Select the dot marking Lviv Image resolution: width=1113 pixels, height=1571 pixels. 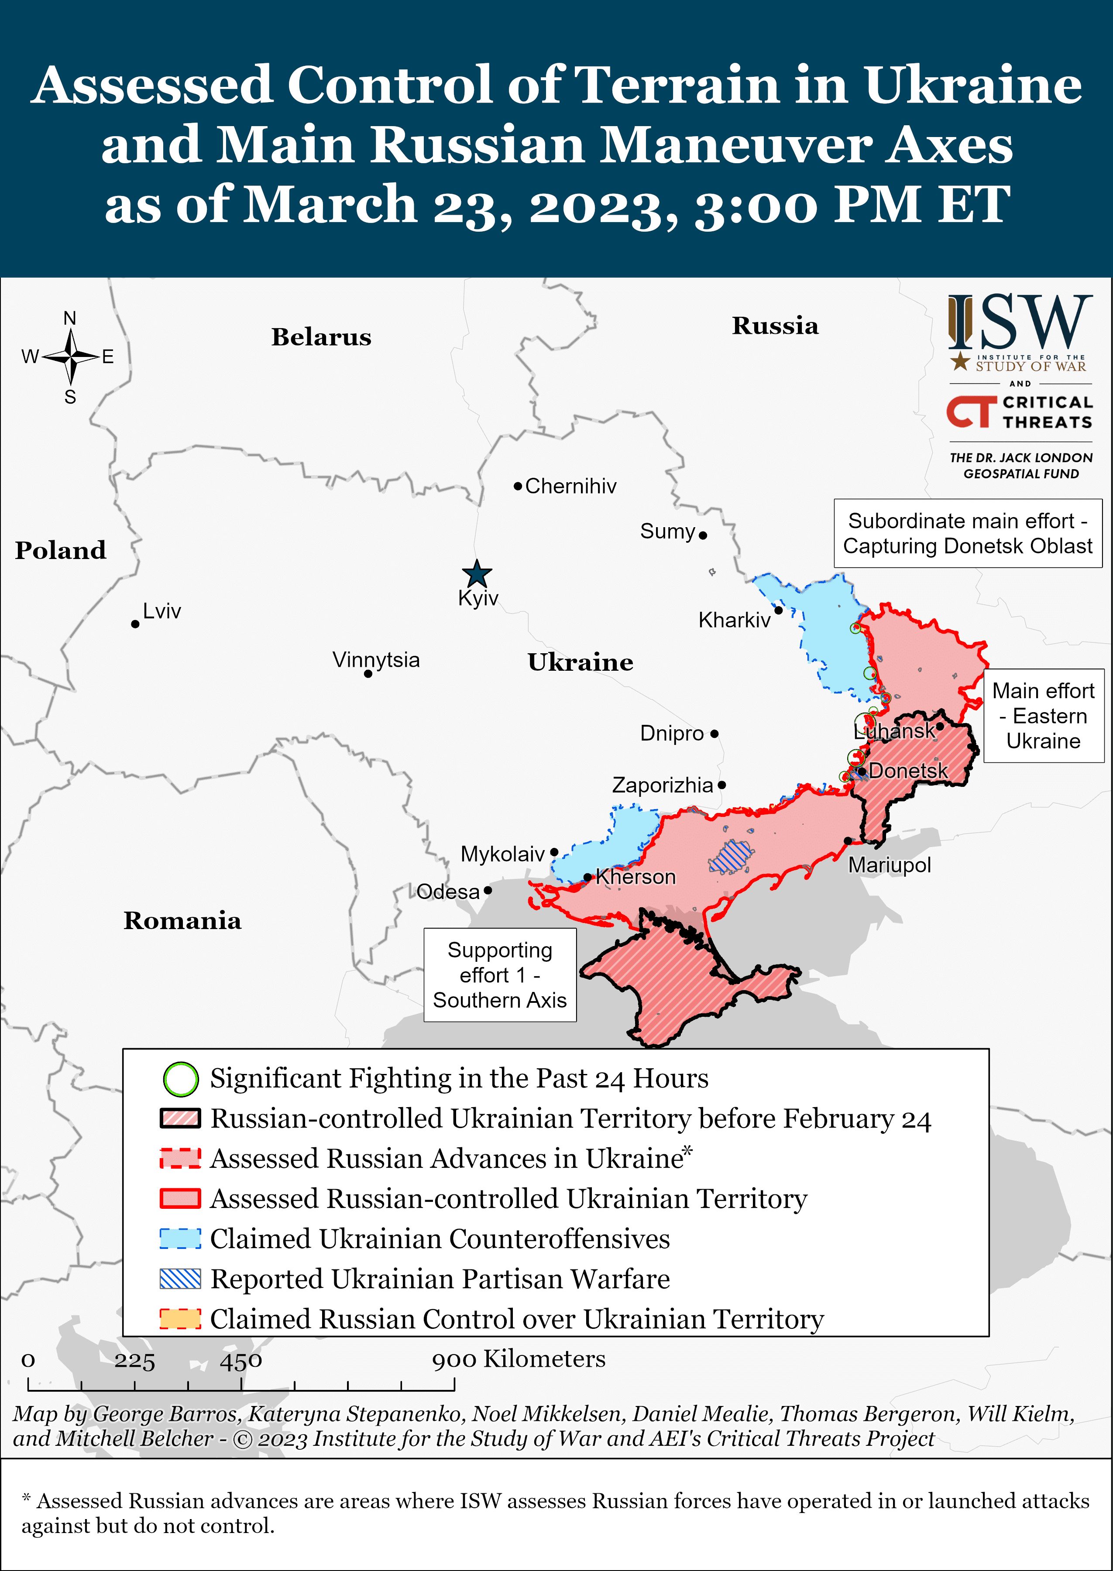[x=135, y=624]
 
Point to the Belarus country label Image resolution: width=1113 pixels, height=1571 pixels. [x=321, y=337]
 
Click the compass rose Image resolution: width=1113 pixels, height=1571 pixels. [x=71, y=356]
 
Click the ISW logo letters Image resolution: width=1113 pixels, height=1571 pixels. [x=1020, y=322]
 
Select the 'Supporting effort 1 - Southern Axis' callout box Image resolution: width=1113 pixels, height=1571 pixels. [x=500, y=975]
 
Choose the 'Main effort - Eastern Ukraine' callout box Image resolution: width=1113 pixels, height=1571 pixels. [x=1043, y=716]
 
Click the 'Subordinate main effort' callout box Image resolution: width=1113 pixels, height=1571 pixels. [x=967, y=534]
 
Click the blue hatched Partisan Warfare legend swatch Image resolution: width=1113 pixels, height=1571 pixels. [x=180, y=1279]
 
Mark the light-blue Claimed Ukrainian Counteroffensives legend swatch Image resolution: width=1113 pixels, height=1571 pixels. [x=180, y=1239]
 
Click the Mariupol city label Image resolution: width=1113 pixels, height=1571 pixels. [x=890, y=865]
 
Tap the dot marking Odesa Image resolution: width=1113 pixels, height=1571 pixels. [x=487, y=891]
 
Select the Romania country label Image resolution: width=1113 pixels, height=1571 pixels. [x=182, y=921]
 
